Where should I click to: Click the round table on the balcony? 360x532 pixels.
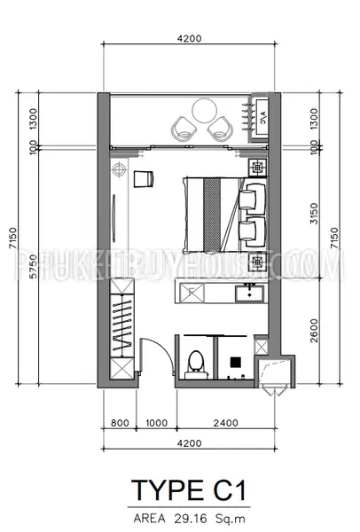(204, 111)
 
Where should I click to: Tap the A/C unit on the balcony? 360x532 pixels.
(262, 117)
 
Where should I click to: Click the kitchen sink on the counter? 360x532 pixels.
(250, 293)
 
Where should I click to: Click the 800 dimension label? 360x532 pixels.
(120, 423)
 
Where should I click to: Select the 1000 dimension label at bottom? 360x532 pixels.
(157, 423)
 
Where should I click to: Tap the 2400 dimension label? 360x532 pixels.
(225, 423)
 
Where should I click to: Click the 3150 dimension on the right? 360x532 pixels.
(315, 214)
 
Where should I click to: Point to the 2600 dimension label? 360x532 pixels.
(315, 330)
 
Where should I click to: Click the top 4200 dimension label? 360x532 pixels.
(190, 38)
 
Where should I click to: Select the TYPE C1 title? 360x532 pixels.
(189, 490)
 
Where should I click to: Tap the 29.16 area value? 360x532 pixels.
(191, 519)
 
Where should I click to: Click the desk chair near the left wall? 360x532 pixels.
(144, 179)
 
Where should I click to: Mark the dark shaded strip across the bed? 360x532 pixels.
(212, 215)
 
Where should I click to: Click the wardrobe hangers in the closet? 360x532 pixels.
(122, 325)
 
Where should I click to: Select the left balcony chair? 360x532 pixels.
(184, 128)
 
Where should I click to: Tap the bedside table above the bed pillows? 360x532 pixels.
(257, 168)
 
